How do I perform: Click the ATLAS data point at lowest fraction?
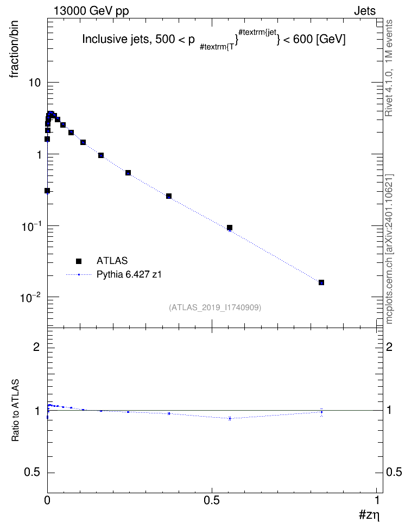[x=321, y=282]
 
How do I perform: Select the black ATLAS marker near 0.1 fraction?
[x=230, y=228]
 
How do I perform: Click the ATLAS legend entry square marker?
[x=79, y=261]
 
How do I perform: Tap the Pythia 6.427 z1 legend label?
[x=129, y=274]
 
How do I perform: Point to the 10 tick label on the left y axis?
[x=34, y=83]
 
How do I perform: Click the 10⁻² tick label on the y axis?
[x=31, y=297]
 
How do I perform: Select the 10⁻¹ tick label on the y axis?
[x=31, y=226]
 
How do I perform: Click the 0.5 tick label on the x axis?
[x=212, y=500]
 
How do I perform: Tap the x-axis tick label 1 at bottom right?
[x=377, y=500]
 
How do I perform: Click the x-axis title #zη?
[x=369, y=515]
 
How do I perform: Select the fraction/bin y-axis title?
[x=14, y=49]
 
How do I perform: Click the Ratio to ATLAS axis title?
[x=15, y=411]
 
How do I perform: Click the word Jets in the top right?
[x=365, y=11]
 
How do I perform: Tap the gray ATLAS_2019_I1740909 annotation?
[x=215, y=307]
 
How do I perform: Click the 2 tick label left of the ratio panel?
[x=36, y=347]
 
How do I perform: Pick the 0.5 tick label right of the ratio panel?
[x=394, y=473]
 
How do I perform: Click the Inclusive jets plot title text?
[x=214, y=40]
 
